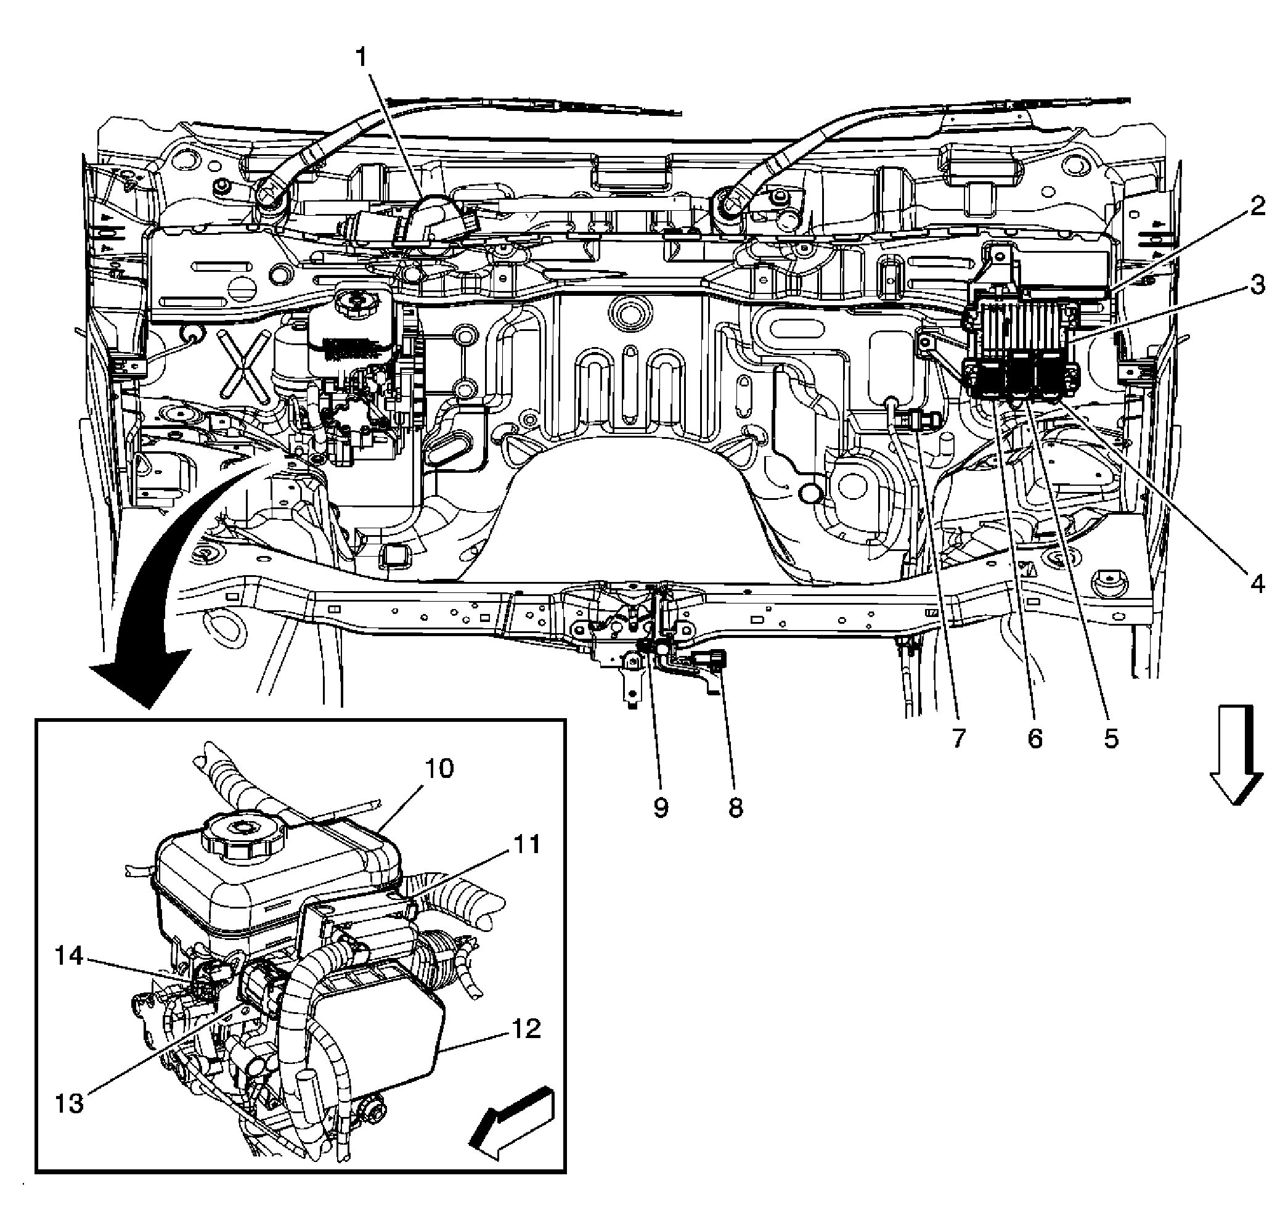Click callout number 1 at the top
(x=362, y=58)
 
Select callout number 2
(x=1256, y=207)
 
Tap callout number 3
(x=1256, y=285)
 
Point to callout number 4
(x=1257, y=583)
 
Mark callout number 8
(x=736, y=808)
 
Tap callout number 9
(x=661, y=808)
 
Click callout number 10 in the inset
(x=439, y=767)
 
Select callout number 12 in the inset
(x=526, y=1028)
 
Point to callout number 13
(x=70, y=1103)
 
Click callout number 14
(x=70, y=955)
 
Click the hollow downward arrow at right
(x=1236, y=755)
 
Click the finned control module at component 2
(x=1021, y=324)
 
